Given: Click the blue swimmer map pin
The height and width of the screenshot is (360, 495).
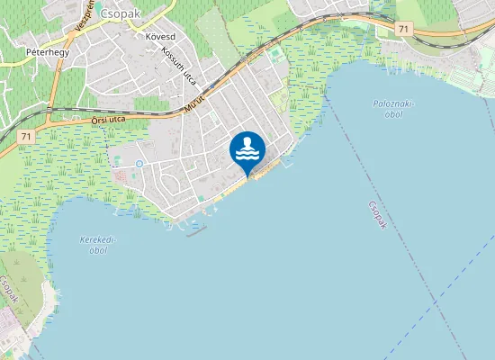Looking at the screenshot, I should [247, 149].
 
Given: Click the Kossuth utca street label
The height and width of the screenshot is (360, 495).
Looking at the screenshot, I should [178, 65].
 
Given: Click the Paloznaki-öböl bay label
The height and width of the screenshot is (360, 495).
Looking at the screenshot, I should [392, 109].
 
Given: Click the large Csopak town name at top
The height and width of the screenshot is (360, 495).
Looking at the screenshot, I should [121, 13].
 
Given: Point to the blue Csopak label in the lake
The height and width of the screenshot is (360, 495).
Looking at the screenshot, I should [376, 216].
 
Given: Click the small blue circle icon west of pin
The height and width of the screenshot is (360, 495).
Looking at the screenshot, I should [139, 163].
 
